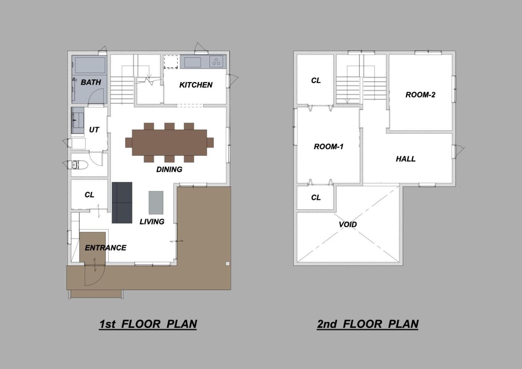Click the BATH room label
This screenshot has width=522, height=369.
coord(91,82)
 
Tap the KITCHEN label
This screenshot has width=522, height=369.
coord(196,85)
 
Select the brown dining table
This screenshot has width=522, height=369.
coord(169,142)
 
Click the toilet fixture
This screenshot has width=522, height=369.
coord(78,165)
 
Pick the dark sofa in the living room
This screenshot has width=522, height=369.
coord(122,203)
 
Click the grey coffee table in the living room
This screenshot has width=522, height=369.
coord(156,202)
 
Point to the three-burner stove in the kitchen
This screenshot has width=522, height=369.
coord(216,62)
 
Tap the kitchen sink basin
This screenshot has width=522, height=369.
coord(193,62)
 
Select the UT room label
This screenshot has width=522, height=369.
coord(94,130)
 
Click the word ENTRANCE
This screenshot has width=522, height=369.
coord(106,247)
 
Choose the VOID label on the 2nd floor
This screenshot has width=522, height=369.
coord(348,224)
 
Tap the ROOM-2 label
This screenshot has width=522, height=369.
coord(421,95)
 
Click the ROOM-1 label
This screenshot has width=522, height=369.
coord(328,146)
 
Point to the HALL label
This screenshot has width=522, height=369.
coord(406,159)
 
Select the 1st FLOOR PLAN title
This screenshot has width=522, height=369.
coord(148,324)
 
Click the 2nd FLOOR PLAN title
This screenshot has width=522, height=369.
coord(368,324)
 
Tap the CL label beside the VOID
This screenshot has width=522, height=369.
coord(316,198)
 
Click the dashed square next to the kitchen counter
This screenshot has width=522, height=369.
coord(171,62)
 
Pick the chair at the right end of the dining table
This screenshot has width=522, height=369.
coord(210,142)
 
